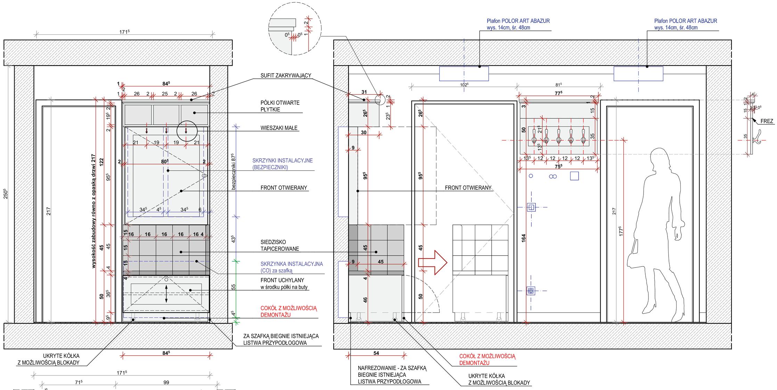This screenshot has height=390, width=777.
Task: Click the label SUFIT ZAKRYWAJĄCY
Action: click(x=286, y=75)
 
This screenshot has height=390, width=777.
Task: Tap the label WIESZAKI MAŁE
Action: click(x=279, y=128)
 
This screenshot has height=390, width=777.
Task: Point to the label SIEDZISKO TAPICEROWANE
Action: click(x=280, y=245)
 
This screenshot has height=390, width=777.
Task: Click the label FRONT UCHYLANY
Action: click(x=282, y=280)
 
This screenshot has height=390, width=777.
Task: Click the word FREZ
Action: click(x=767, y=121)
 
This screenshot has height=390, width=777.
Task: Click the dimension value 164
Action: click(x=524, y=238)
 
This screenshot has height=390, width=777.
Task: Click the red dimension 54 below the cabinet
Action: click(x=376, y=353)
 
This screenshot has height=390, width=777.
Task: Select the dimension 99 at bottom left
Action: click(x=166, y=382)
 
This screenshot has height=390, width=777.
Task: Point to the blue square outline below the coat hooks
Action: click(x=574, y=176)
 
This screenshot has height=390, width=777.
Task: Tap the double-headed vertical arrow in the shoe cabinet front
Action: click(x=166, y=294)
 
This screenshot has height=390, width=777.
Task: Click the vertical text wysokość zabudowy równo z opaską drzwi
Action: click(x=93, y=211)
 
